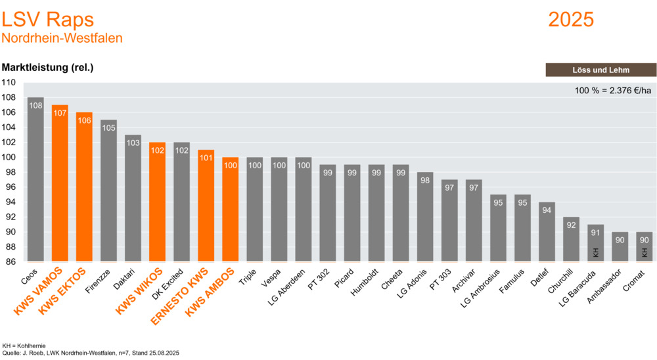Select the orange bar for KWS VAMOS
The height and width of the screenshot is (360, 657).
click(60, 183)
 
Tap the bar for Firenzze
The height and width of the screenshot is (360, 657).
click(108, 191)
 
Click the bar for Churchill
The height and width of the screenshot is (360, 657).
click(571, 239)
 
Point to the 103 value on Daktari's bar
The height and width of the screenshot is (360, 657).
click(133, 143)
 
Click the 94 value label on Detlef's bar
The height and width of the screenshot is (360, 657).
click(547, 210)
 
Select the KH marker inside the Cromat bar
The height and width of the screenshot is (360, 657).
click(645, 252)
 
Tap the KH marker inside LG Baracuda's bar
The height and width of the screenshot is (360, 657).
click(596, 252)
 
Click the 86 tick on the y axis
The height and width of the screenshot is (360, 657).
click(11, 261)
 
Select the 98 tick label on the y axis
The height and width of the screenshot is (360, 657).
click(11, 172)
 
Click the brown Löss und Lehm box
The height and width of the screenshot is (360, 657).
click(600, 70)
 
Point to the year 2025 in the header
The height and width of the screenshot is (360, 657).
click(571, 20)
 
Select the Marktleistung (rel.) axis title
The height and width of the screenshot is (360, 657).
click(48, 68)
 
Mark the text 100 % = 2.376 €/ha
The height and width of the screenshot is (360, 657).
click(612, 90)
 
